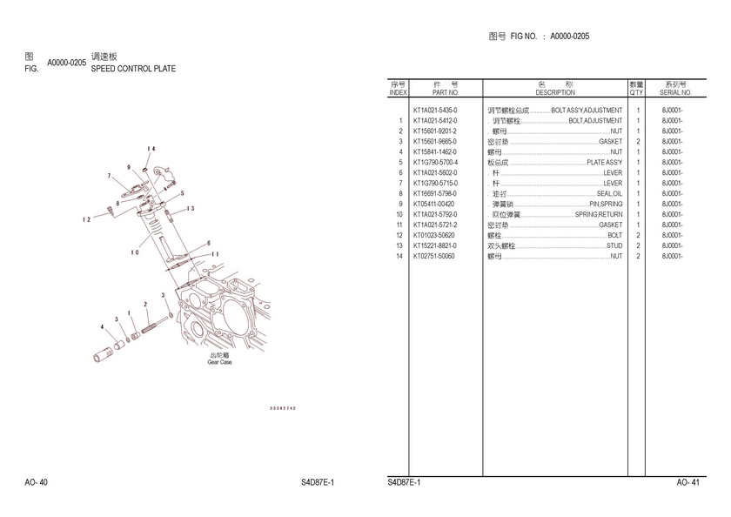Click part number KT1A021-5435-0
pos(434,111)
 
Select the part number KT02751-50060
pos(433,257)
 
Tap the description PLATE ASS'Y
pos(604,163)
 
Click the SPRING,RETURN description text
pos(599,215)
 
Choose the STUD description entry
pos(614,246)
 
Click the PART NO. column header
pos(445,92)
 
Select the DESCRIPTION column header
pos(555,92)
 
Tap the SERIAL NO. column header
pos(674,92)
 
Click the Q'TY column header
pos(636,92)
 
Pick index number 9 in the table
pos(399,205)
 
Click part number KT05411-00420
pos(433,205)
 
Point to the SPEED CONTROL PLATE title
pos(133,67)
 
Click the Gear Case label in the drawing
pos(219,362)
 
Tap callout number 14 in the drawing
pos(151,149)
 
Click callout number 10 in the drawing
pos(135,253)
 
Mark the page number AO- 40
pos(36,482)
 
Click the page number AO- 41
pos(687,482)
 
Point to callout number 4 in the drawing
pos(102,327)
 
